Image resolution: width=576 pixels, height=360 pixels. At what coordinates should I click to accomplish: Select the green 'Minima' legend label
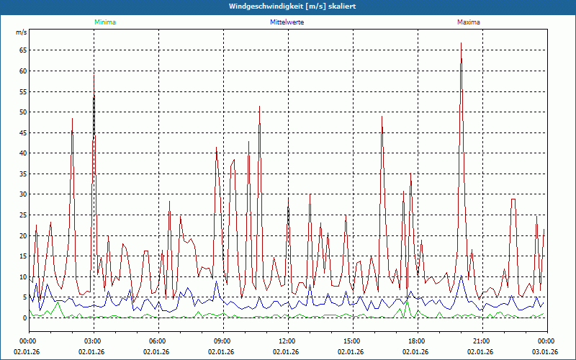104,22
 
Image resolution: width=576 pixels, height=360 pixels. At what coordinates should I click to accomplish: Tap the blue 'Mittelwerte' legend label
287,22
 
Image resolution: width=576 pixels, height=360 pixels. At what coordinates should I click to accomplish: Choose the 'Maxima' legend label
469,22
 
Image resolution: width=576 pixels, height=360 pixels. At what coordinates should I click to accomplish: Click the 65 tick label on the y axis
22,50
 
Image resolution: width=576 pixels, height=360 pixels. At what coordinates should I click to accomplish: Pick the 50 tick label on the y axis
22,112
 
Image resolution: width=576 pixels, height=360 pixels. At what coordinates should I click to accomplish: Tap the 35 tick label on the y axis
22,174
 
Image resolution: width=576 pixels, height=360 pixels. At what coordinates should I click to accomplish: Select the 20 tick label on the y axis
22,236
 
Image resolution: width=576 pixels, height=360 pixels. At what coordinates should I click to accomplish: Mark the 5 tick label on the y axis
24,297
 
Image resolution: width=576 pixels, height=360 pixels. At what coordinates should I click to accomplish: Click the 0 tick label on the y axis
24,318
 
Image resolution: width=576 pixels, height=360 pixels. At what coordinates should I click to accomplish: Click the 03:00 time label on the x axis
93,341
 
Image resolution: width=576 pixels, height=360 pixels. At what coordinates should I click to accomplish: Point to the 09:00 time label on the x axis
222,341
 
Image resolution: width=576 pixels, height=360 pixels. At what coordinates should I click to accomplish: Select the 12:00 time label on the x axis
287,341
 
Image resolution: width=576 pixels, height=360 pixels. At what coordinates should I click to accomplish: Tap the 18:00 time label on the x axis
417,341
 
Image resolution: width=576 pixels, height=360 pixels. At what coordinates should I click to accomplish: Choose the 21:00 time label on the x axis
482,341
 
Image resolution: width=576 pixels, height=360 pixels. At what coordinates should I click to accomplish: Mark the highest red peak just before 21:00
461,43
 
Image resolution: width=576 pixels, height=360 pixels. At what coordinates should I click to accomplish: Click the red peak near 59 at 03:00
94,75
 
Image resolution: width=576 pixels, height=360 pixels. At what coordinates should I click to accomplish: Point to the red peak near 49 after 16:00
382,117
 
